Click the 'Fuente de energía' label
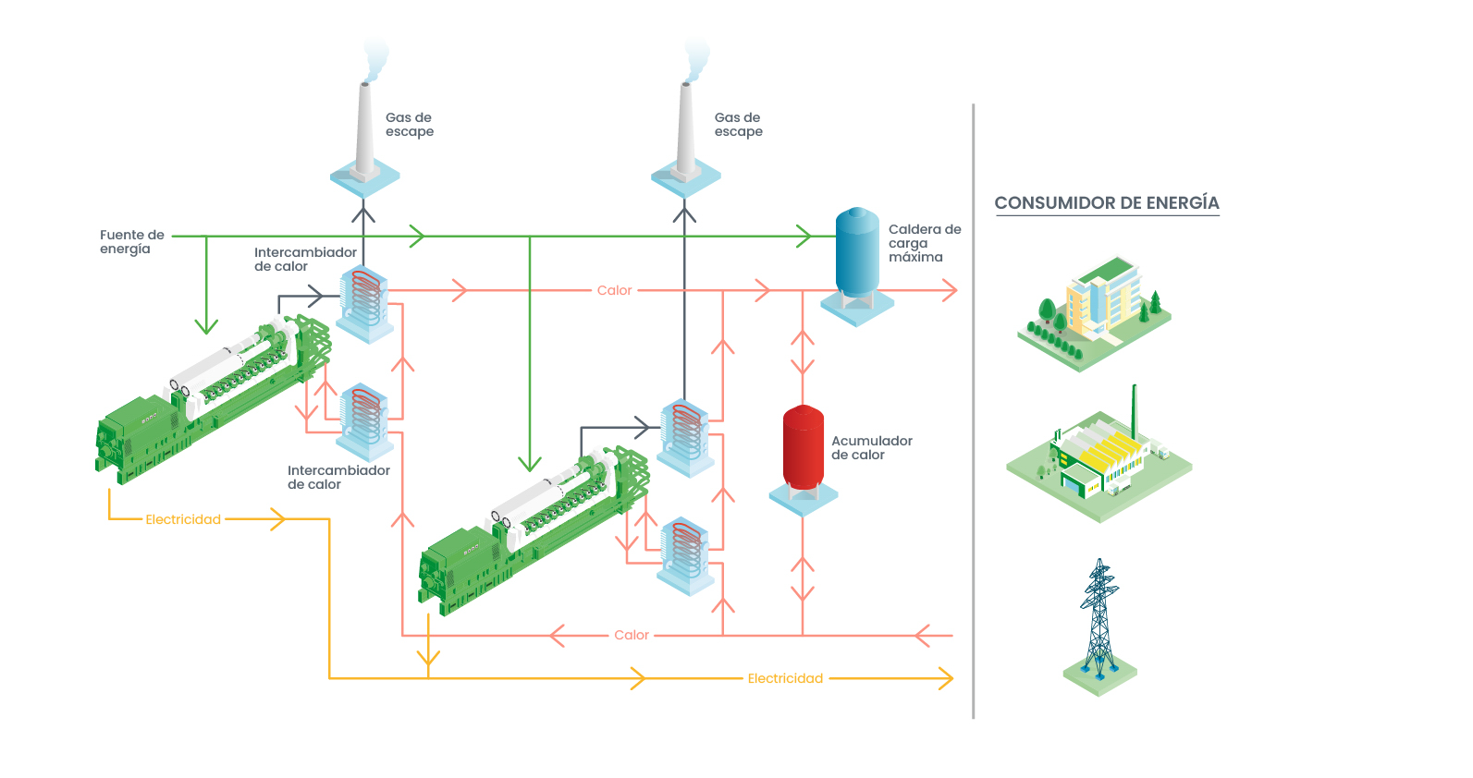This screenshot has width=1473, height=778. tap(131, 242)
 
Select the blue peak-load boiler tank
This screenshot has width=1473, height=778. tap(857, 252)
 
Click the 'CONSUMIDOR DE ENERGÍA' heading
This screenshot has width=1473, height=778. tap(1106, 203)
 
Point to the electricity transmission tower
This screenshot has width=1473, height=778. tap(1099, 619)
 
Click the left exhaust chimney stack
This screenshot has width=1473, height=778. tap(363, 129)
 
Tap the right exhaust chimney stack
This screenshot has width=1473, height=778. tap(685, 129)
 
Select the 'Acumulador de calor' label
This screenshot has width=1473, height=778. tap(871, 448)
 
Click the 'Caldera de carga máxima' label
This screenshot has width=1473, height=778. tap(924, 243)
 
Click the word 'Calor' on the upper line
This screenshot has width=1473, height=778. tap(614, 290)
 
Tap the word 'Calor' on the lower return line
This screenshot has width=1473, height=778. tap(632, 636)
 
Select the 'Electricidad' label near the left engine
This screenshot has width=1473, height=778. tap(183, 520)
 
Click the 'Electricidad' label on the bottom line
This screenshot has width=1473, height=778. tap(785, 679)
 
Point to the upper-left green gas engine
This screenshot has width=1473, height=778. tap(213, 397)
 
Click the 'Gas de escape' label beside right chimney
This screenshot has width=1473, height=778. tap(738, 125)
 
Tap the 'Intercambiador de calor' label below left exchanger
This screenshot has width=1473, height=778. tap(338, 478)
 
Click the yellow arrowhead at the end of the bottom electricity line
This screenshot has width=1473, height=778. tap(946, 679)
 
